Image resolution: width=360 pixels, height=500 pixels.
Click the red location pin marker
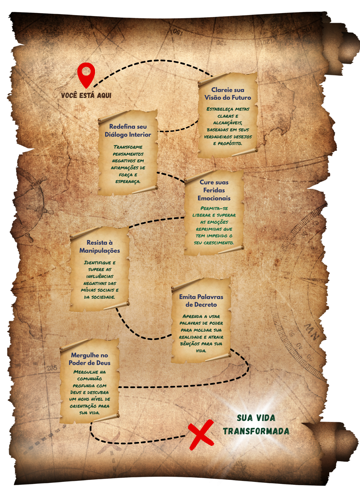86,74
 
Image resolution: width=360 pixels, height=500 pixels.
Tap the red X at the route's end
201,434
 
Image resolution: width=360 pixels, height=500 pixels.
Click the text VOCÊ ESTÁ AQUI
86,95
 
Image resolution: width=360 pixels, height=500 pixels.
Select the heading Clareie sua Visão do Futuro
228,94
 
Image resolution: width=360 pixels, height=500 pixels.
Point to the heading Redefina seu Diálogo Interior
128,130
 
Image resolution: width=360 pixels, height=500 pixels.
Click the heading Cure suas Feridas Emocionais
214,190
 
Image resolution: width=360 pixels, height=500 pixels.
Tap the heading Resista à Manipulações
99,246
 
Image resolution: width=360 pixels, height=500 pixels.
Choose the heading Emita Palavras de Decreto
201,300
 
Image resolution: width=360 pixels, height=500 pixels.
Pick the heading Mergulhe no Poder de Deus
89,359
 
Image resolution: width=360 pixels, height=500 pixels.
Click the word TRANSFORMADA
256,431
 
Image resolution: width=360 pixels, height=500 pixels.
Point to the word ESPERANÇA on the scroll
128,182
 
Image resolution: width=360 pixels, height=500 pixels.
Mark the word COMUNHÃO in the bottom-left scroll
89,379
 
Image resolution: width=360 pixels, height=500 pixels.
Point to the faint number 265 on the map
52,368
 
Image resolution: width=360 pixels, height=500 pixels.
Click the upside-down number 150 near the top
178,32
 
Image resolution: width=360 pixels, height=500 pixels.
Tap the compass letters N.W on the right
312,331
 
